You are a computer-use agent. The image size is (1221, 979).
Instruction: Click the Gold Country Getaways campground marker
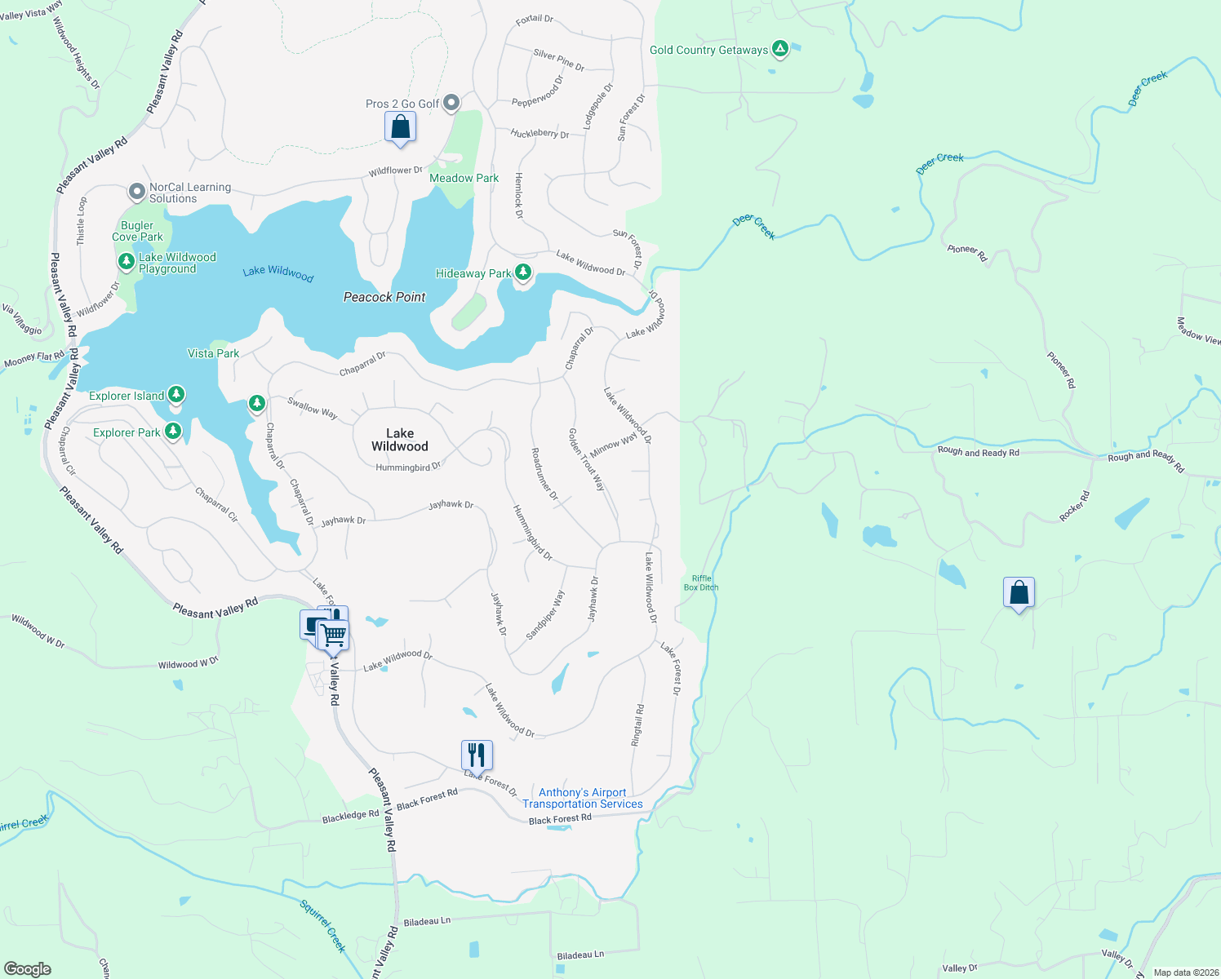(780, 50)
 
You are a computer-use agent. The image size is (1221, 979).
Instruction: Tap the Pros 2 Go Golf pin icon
(451, 103)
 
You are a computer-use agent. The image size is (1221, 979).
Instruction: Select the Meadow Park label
(464, 178)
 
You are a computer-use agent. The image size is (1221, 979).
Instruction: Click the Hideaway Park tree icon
(523, 272)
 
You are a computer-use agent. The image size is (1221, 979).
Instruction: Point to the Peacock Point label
(384, 297)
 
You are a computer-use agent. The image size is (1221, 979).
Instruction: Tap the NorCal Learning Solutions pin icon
(137, 193)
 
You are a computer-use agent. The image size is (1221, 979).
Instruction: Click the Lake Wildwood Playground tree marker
(126, 262)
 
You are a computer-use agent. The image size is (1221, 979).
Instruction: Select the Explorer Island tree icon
(175, 395)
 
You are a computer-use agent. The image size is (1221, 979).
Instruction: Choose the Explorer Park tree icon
(172, 432)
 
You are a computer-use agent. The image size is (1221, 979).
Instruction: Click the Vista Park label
(213, 353)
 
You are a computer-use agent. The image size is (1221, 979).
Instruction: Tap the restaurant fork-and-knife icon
(477, 755)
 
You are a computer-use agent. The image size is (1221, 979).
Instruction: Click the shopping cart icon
(333, 634)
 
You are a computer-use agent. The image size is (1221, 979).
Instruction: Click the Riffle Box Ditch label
(701, 583)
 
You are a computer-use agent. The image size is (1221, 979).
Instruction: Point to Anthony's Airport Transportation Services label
(583, 798)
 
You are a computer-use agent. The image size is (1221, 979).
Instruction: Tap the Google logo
(28, 969)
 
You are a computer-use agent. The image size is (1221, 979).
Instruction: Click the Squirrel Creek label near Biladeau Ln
(323, 926)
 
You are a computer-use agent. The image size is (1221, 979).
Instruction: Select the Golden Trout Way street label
(587, 459)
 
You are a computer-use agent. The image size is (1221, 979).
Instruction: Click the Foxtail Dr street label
(535, 20)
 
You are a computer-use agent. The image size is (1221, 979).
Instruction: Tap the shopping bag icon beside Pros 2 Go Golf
(400, 127)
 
